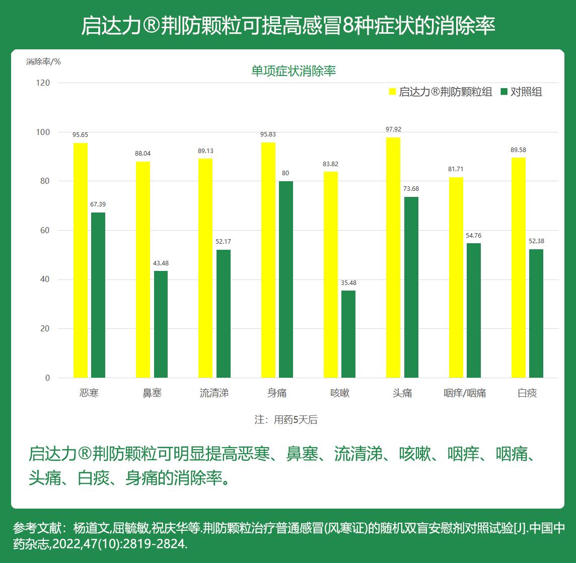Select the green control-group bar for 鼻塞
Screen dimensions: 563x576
pos(161,324)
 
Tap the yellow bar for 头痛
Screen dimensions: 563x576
pos(393,257)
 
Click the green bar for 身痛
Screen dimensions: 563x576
pos(286,279)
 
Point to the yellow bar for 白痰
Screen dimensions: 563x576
pos(519,267)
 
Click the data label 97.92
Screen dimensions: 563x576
pos(393,129)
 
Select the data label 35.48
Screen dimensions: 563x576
pos(348,283)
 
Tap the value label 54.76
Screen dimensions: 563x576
pos(474,236)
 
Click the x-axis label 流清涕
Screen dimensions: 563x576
pos(214,393)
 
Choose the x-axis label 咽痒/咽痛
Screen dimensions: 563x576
pos(465,393)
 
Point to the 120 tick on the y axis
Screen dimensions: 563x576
pos(44,83)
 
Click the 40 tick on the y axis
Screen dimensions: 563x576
pos(45,279)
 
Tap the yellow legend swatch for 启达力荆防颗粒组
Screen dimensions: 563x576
pos(393,92)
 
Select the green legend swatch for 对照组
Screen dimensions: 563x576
pos(504,92)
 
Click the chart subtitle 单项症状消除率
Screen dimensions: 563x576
pos(294,71)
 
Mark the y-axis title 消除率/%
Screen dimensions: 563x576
pos(43,61)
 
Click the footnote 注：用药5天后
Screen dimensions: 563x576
pos(286,419)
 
